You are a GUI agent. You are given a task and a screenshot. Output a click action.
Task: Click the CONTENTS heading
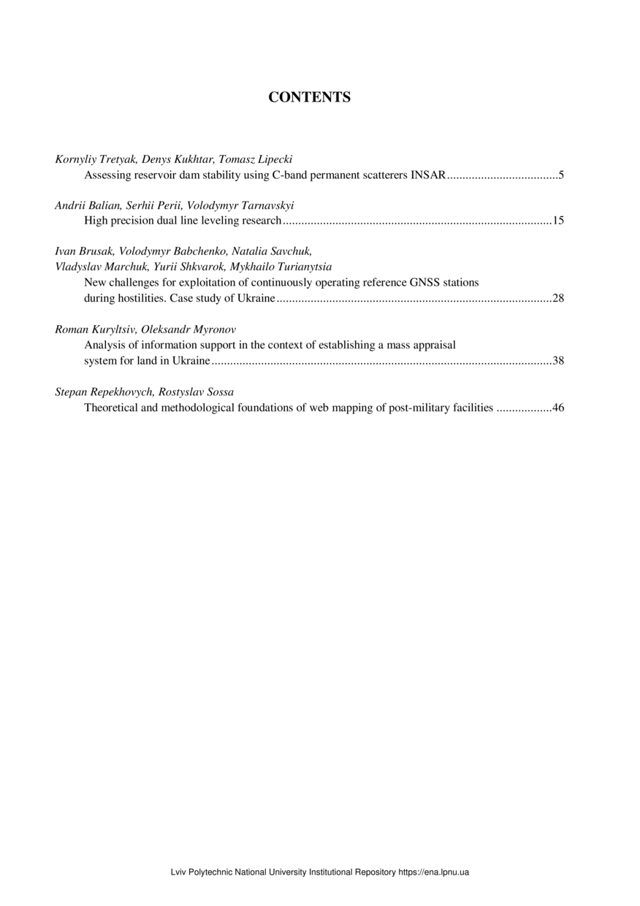[310, 97]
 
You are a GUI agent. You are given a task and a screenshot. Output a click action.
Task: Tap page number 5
[560, 175]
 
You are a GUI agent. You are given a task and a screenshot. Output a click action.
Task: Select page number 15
[558, 220]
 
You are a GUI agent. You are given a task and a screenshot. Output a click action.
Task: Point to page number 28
[558, 298]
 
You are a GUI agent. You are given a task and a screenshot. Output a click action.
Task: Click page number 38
[558, 360]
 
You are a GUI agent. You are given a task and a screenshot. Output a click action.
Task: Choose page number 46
[558, 408]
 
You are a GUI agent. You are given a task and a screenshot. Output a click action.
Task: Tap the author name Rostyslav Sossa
[198, 392]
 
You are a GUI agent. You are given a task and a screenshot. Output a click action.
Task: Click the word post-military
[420, 408]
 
